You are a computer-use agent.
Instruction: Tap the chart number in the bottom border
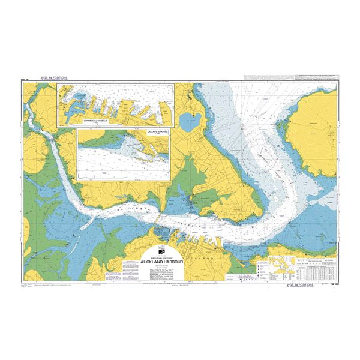tap(332, 284)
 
